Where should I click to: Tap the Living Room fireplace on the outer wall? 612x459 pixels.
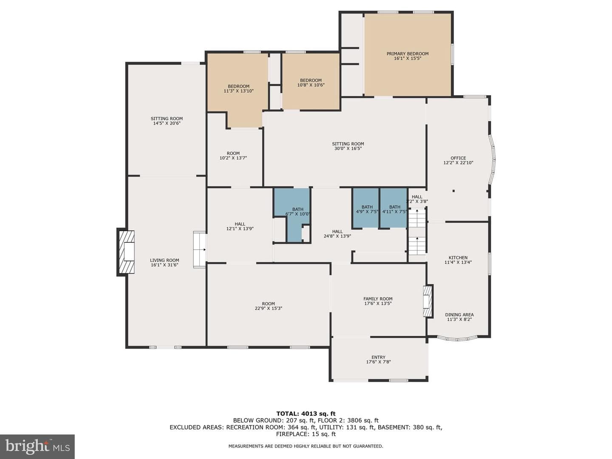point(126,252)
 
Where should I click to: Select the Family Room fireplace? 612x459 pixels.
point(428,301)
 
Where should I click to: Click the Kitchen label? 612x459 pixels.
point(458,258)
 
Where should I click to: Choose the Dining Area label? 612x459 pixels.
point(459,314)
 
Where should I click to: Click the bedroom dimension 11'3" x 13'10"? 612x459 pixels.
point(239,91)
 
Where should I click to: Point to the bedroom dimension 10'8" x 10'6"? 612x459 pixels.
point(311,85)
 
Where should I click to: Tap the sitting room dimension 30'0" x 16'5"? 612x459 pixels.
point(348,149)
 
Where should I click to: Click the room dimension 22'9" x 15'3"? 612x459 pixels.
point(268,308)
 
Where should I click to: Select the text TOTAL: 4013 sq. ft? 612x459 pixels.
point(306,414)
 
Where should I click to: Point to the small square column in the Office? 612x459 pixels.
point(453,191)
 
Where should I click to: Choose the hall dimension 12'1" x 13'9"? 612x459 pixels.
point(240,229)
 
